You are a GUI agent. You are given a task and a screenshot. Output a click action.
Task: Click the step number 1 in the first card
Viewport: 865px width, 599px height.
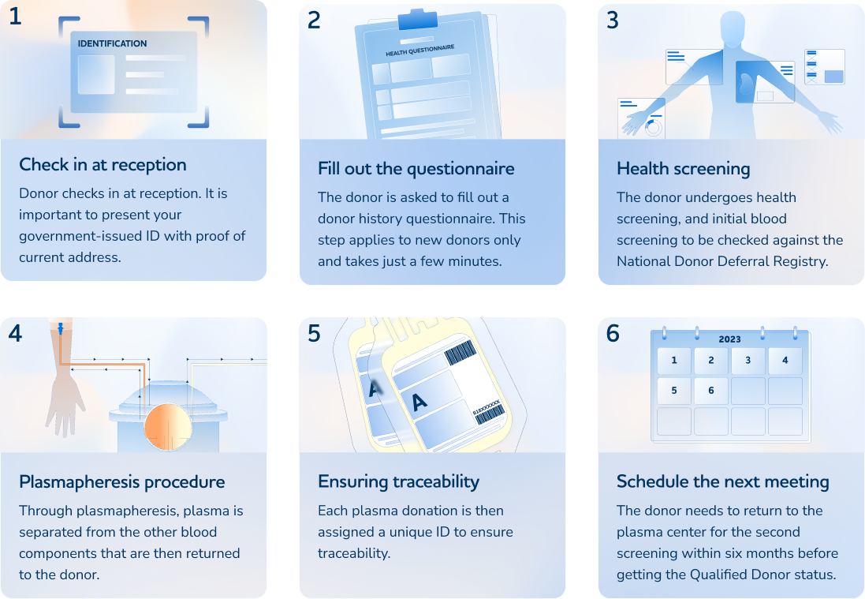pyautogui.click(x=15, y=17)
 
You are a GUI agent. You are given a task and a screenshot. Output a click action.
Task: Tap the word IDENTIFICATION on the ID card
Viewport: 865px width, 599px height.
pyautogui.click(x=112, y=43)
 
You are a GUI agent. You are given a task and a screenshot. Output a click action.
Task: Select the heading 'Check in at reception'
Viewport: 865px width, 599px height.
pyautogui.click(x=103, y=165)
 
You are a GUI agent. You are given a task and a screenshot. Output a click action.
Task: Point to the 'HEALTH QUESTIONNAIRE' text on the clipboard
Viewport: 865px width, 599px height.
pyautogui.click(x=420, y=51)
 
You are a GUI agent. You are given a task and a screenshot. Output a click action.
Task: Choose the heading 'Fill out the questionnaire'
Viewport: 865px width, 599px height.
pyautogui.click(x=416, y=169)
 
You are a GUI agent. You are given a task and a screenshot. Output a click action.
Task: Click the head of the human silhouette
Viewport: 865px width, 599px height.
pyautogui.click(x=732, y=28)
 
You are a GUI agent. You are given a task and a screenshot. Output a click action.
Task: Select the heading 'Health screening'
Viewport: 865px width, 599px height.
pyautogui.click(x=683, y=169)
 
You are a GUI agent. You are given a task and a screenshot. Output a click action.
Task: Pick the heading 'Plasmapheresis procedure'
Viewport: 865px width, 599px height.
pyautogui.click(x=121, y=482)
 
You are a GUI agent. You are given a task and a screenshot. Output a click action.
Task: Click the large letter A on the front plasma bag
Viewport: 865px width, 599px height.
pyautogui.click(x=419, y=402)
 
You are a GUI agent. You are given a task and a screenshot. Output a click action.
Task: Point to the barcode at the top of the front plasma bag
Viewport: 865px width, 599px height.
pyautogui.click(x=460, y=354)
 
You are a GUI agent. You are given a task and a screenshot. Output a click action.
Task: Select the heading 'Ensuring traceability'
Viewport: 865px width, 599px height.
pyautogui.click(x=398, y=482)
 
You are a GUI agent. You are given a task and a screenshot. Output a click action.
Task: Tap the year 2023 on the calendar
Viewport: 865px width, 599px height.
pyautogui.click(x=729, y=339)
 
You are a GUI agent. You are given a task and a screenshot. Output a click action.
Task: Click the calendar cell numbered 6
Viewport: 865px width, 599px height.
pyautogui.click(x=710, y=391)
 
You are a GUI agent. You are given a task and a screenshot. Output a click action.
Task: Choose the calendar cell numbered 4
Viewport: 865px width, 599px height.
pyautogui.click(x=785, y=361)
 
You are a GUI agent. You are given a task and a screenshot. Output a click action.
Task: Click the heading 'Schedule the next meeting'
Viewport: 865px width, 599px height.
pyautogui.click(x=722, y=482)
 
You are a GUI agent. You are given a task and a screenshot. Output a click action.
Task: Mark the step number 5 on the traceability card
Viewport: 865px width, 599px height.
pyautogui.click(x=314, y=334)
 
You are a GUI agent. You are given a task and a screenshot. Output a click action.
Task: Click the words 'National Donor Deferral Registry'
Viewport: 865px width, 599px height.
pyautogui.click(x=722, y=261)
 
